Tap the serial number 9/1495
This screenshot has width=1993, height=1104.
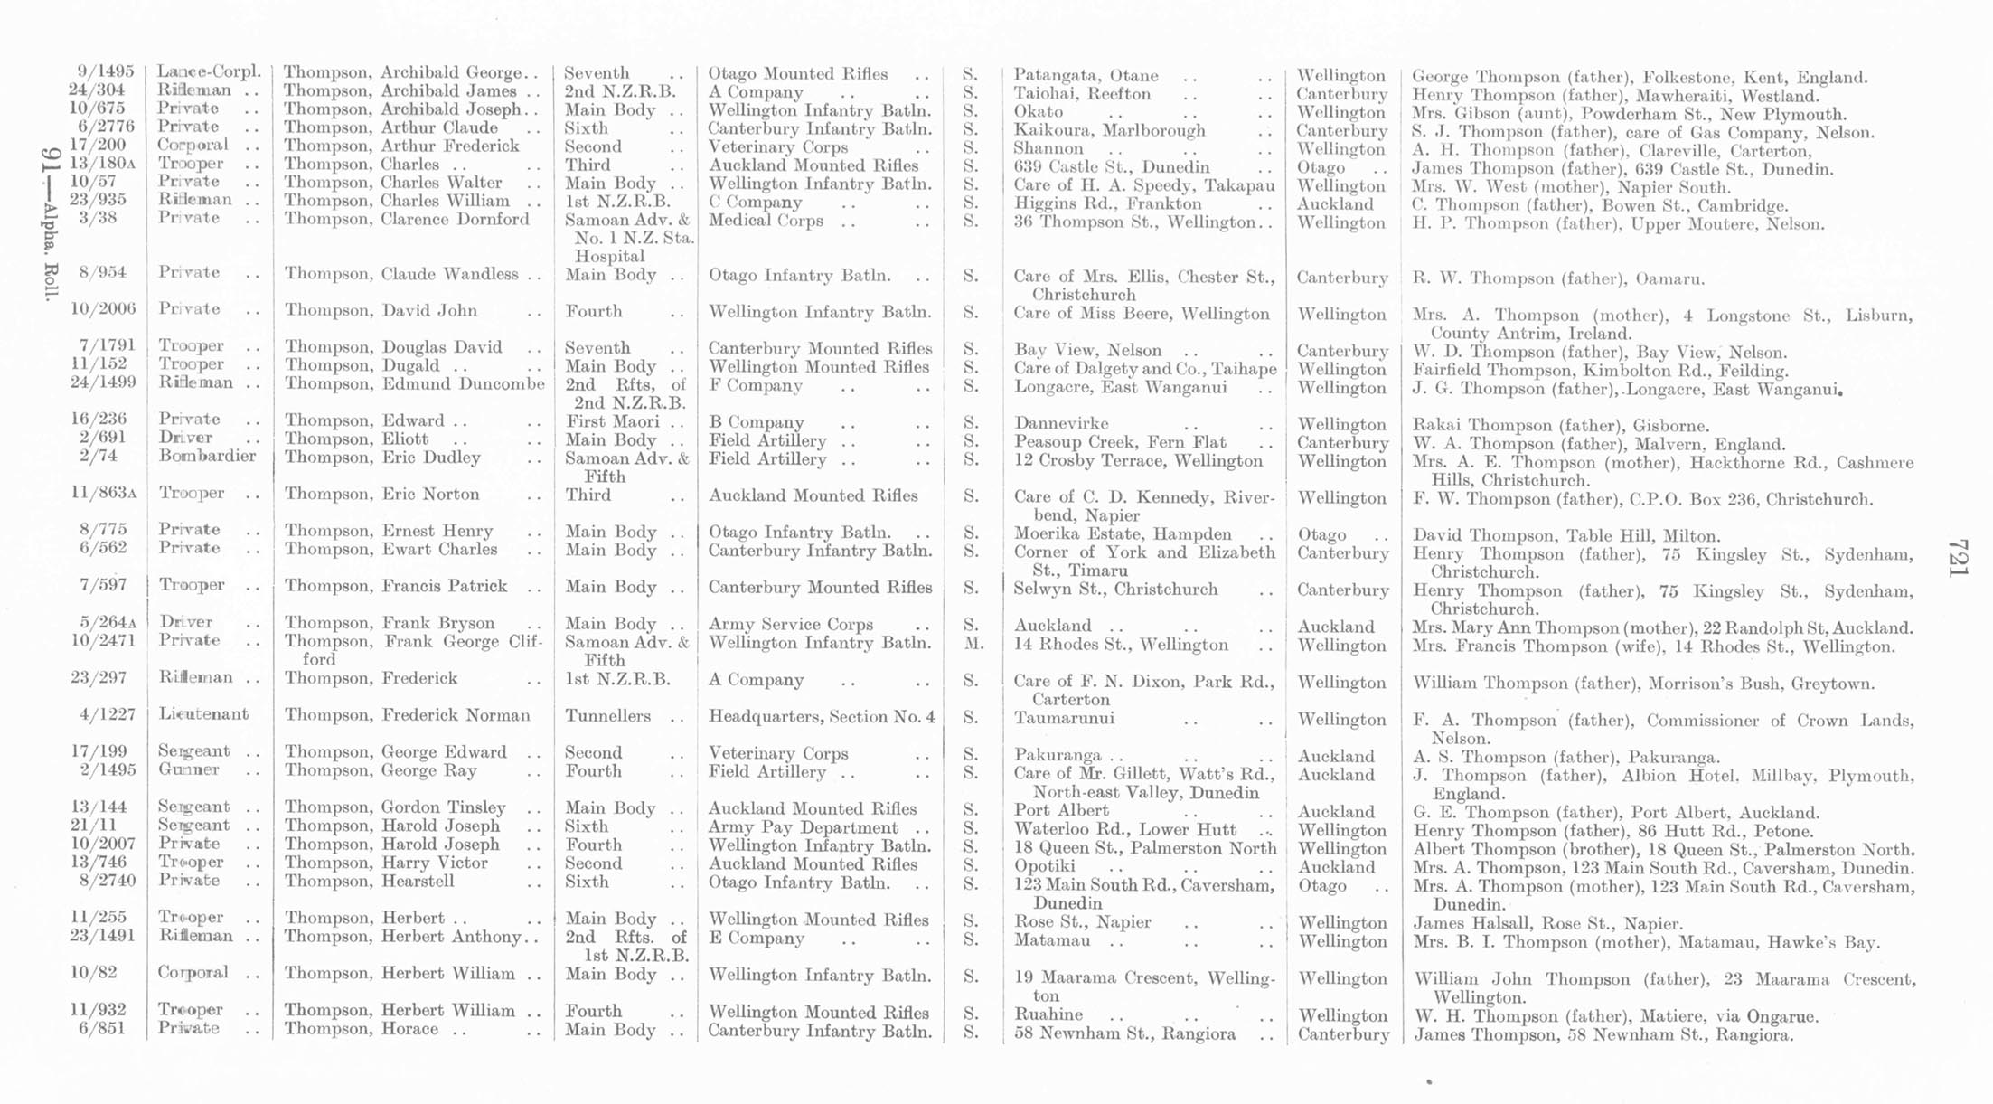(x=106, y=72)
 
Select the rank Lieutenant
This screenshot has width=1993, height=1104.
(x=203, y=714)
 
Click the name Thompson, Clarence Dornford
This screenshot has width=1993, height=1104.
(x=407, y=220)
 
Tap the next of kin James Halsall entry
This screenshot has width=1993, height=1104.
(x=1547, y=923)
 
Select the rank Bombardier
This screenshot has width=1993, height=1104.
(x=207, y=456)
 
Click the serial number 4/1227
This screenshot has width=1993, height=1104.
(x=108, y=714)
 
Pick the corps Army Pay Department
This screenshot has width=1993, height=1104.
(x=804, y=827)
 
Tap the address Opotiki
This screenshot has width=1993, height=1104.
(x=1045, y=866)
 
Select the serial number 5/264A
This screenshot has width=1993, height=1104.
(x=107, y=622)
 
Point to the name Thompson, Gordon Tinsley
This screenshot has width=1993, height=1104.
(x=395, y=807)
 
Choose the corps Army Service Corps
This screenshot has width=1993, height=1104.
(x=791, y=624)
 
